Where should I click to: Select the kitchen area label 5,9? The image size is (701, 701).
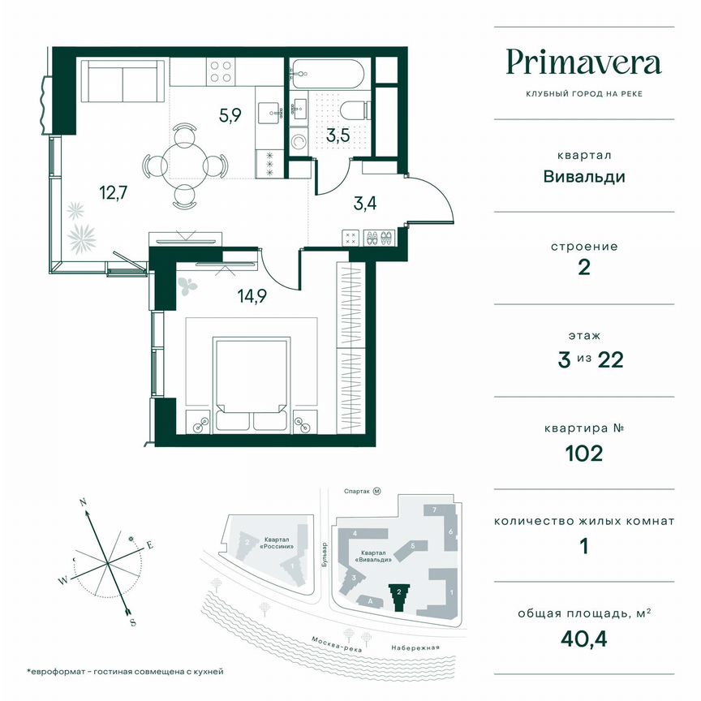230,114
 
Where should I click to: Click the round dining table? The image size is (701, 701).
183,164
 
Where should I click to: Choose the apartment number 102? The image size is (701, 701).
584,453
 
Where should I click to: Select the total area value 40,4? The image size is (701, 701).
584,640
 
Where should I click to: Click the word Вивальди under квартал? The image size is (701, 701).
584,176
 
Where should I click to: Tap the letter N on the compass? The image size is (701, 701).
83,503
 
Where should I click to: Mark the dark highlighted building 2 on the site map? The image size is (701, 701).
398,598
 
